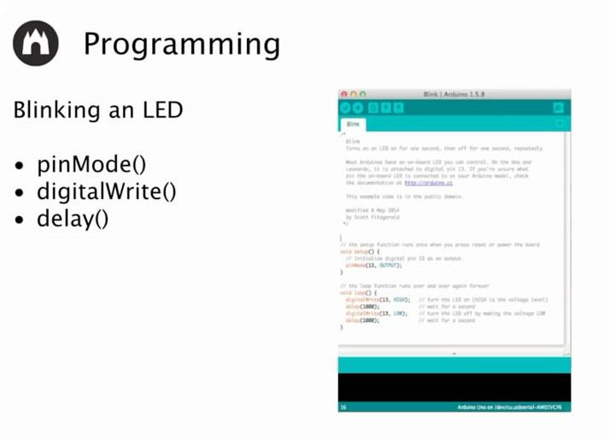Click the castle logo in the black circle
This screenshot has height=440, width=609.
pyautogui.click(x=36, y=43)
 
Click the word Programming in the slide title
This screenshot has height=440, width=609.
pyautogui.click(x=181, y=44)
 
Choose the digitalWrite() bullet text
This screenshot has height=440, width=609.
pyautogui.click(x=106, y=191)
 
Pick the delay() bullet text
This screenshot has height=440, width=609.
pyautogui.click(x=73, y=218)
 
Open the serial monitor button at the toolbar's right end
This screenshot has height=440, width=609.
pyautogui.click(x=559, y=108)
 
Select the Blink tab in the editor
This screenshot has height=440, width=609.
pyautogui.click(x=353, y=124)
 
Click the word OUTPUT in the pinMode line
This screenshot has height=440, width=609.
pyautogui.click(x=389, y=266)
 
